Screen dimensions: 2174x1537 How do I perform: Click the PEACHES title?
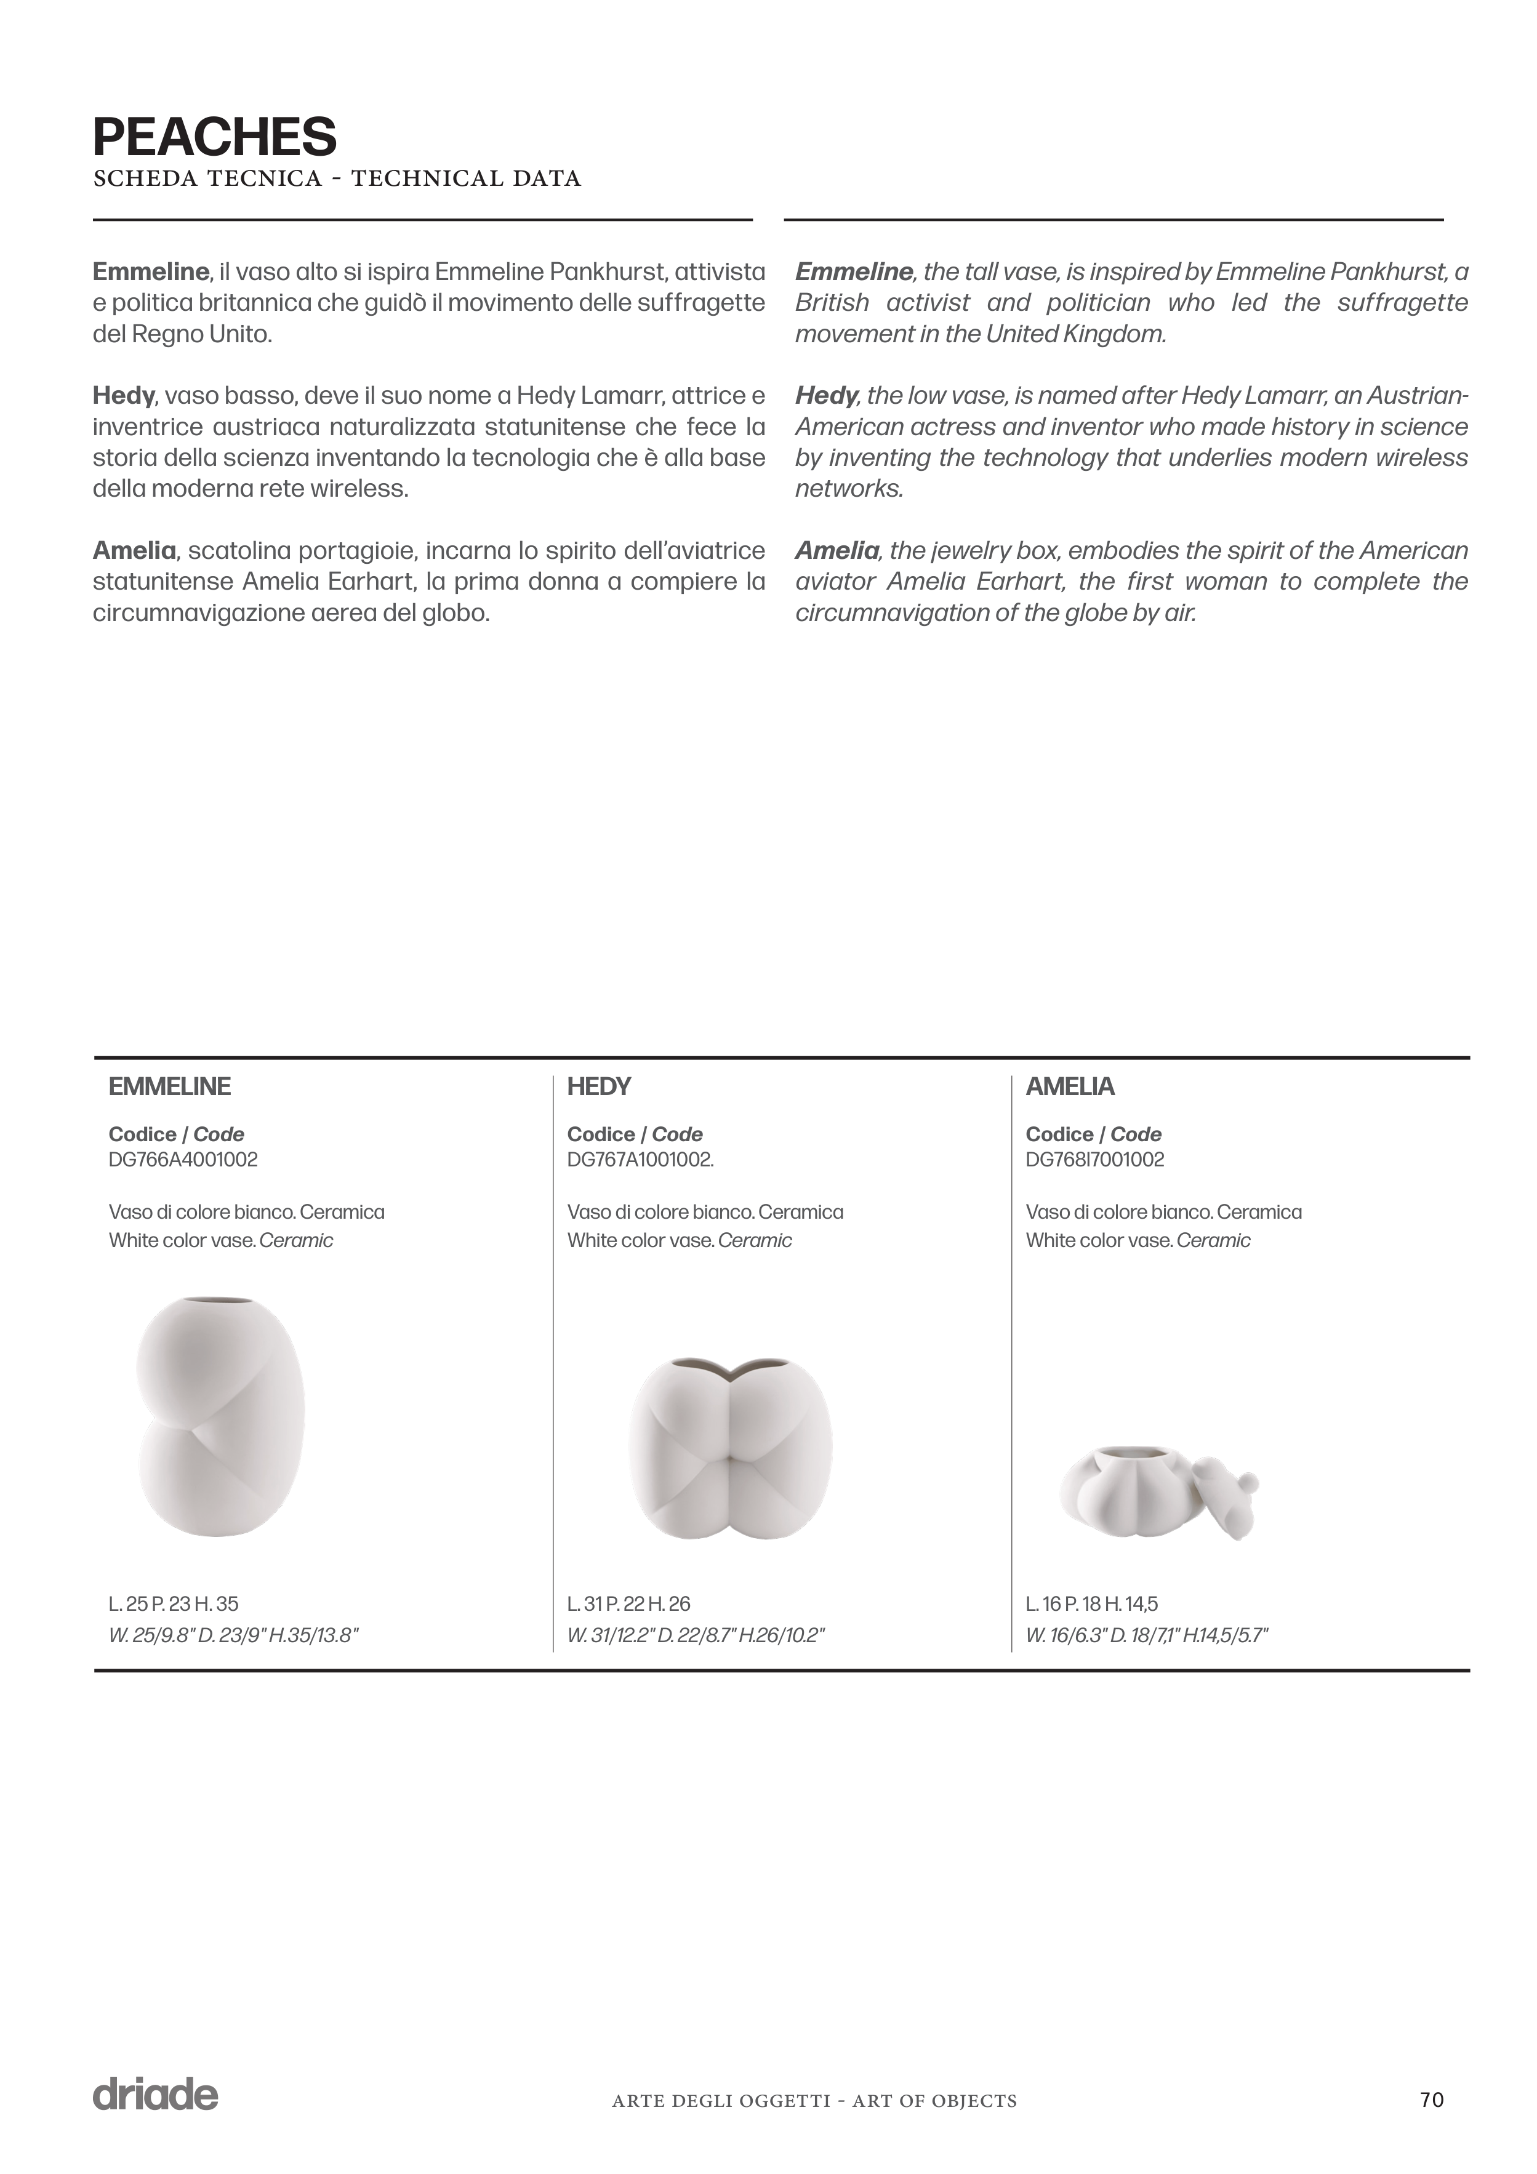[215, 137]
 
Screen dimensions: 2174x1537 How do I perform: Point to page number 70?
[1432, 2100]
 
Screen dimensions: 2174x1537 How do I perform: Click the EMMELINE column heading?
[169, 1087]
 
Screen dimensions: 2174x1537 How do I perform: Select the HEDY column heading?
[598, 1087]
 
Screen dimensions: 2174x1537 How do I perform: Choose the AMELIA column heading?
[1070, 1087]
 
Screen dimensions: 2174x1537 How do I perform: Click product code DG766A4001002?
[183, 1160]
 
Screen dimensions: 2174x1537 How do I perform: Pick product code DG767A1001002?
[640, 1160]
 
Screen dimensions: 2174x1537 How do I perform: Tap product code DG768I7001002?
[1095, 1160]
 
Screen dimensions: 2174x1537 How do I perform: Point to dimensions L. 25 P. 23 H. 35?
[174, 1604]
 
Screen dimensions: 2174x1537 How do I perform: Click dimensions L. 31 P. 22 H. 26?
[629, 1604]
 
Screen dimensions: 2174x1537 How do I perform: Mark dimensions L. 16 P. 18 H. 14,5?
[1092, 1604]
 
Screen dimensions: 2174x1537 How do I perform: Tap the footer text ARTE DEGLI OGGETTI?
[720, 2101]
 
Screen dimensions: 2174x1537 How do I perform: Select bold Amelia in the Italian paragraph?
[134, 550]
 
